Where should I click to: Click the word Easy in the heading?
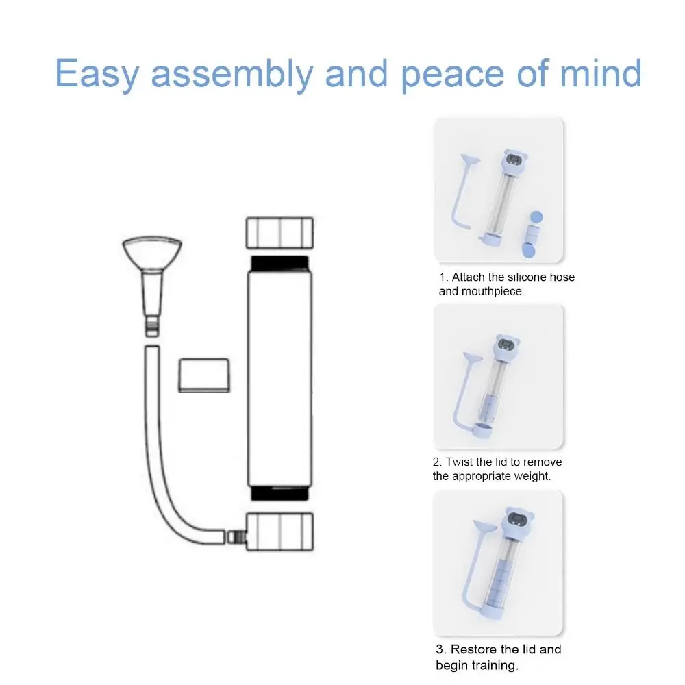click(x=96, y=73)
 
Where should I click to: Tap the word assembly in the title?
click(x=230, y=73)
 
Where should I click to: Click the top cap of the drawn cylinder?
click(x=279, y=233)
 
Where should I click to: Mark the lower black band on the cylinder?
click(x=282, y=494)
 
